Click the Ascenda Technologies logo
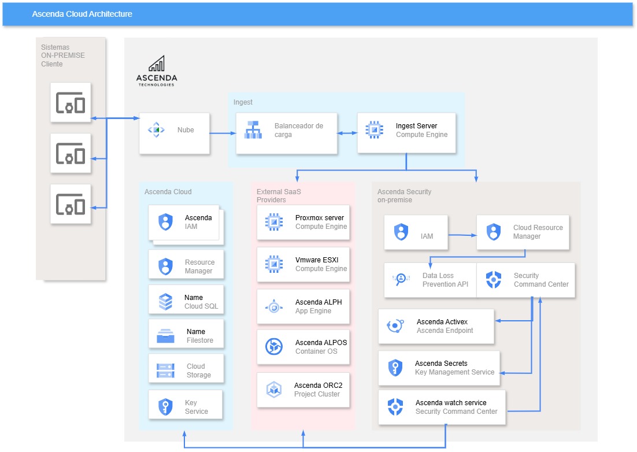tap(156, 71)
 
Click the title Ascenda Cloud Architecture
tap(82, 14)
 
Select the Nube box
tap(174, 133)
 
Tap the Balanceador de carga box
tap(286, 133)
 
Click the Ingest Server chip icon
tap(375, 130)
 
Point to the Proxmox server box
tap(303, 222)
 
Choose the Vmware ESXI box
tap(303, 264)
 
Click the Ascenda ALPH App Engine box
tap(303, 306)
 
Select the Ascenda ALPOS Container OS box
tap(303, 347)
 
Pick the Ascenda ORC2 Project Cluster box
tap(303, 390)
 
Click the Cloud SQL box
tap(186, 302)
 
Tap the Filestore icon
tap(166, 336)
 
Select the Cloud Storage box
tap(186, 371)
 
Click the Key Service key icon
tap(166, 407)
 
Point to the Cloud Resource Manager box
tap(523, 232)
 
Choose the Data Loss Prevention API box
tap(430, 280)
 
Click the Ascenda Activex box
tap(436, 326)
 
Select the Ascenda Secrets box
tap(439, 368)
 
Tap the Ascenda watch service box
tap(442, 407)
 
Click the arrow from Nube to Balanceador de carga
tap(223, 134)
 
